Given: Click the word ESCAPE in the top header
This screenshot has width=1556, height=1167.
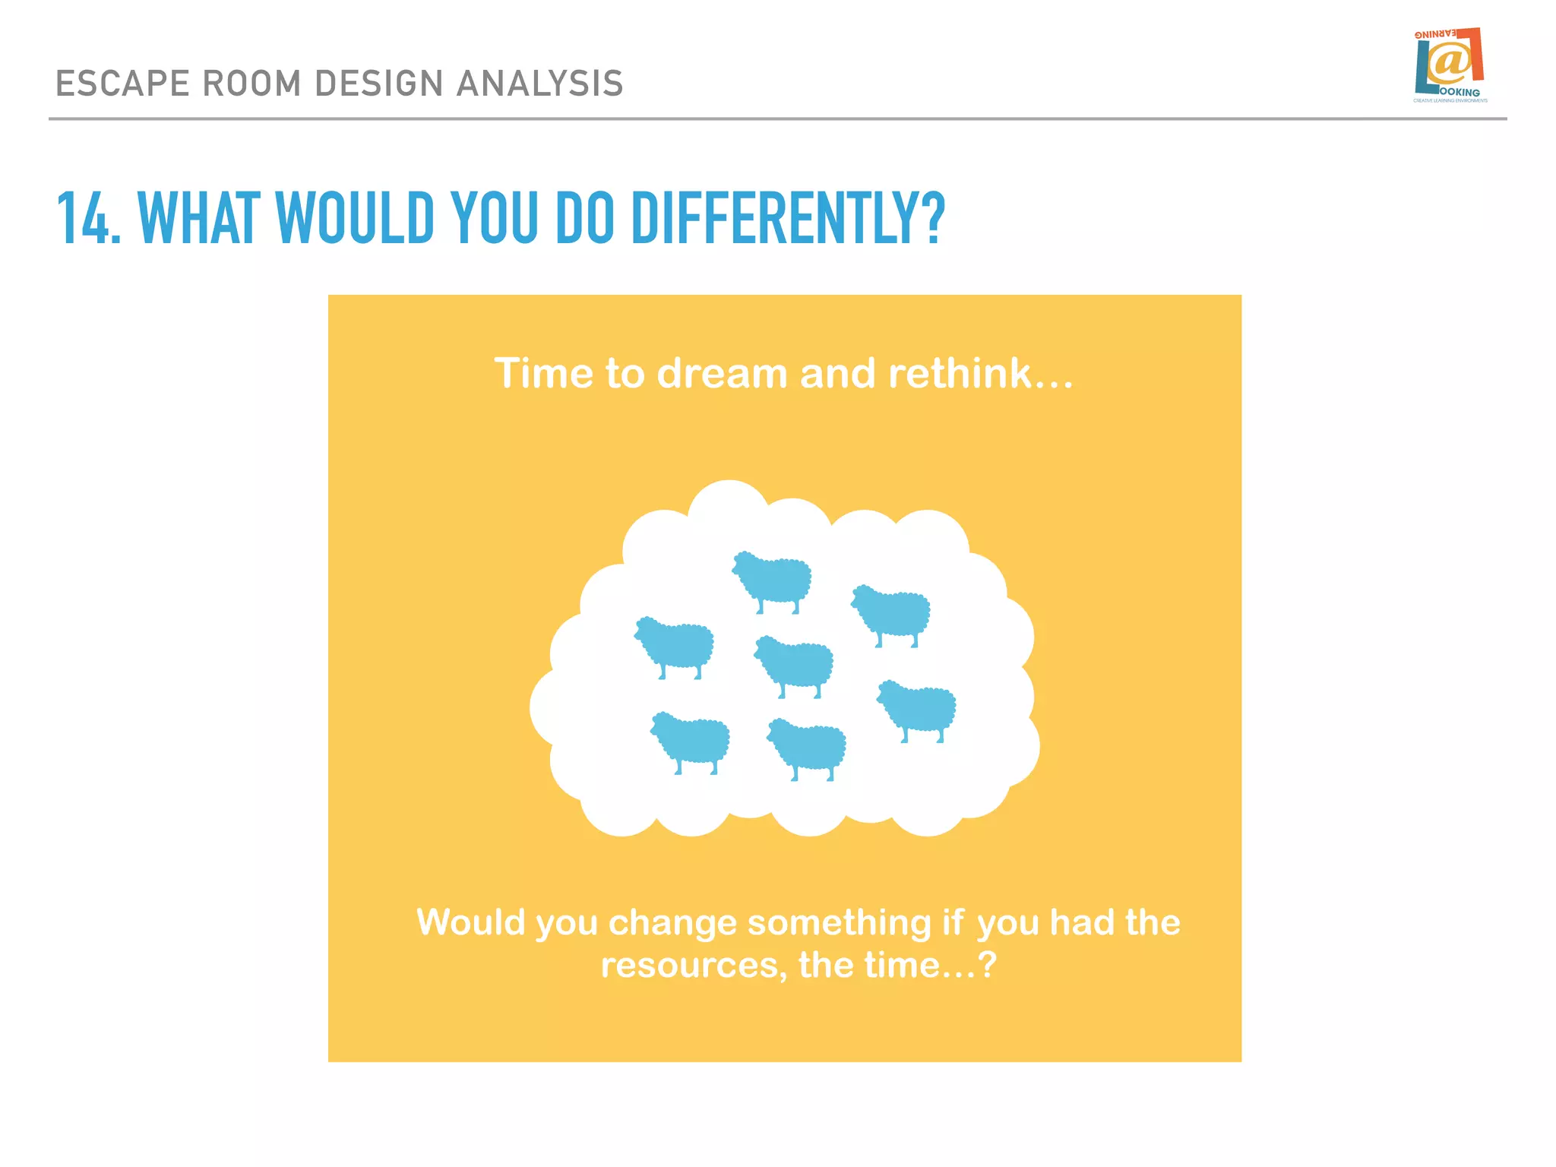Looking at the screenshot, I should pyautogui.click(x=122, y=84).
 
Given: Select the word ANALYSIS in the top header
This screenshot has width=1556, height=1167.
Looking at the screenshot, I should pyautogui.click(x=539, y=84).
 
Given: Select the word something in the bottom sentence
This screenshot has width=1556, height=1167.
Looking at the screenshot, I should pyautogui.click(x=839, y=923).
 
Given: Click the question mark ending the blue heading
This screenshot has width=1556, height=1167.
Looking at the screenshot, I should pyautogui.click(x=934, y=218).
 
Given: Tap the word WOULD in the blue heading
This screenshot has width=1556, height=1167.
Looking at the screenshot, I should pyautogui.click(x=354, y=218).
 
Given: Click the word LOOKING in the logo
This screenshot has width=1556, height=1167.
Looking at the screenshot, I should pyautogui.click(x=1460, y=93).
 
